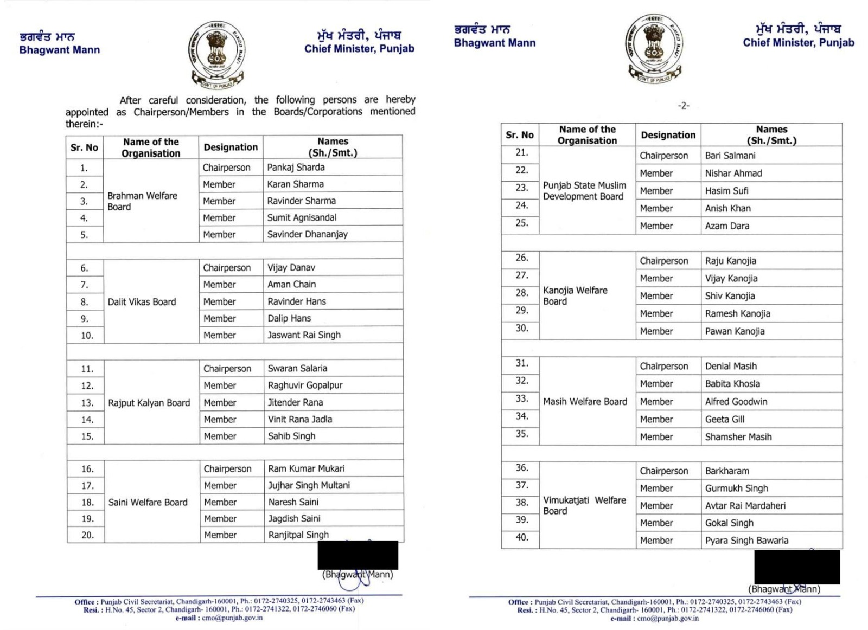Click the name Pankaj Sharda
[296, 168]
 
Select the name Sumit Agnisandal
[302, 217]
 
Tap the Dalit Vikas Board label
[142, 302]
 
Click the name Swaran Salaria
[297, 369]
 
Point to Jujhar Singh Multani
[309, 485]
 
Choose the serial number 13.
[87, 403]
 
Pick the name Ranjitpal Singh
[298, 535]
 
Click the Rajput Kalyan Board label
[149, 403]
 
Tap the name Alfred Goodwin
[736, 402]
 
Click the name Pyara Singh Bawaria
[746, 541]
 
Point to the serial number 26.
[522, 258]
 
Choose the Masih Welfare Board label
[585, 402]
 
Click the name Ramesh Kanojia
[737, 313]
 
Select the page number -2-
[684, 106]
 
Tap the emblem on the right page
[654, 48]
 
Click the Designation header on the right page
[668, 135]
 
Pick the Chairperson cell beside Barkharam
[663, 471]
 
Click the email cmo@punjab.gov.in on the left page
[232, 618]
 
